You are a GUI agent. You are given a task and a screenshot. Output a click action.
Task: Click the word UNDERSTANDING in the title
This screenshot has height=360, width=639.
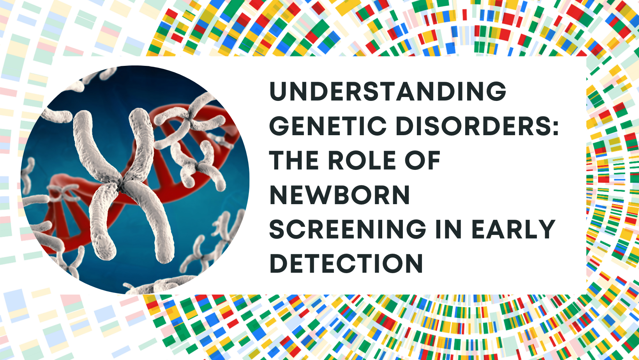[x=388, y=91]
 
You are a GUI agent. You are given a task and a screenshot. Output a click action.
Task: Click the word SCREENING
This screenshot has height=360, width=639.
[x=348, y=229]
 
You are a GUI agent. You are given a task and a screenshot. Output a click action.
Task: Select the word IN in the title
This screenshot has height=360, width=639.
[x=448, y=229]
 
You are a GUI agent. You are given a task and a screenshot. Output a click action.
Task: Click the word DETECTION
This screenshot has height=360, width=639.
[x=346, y=264]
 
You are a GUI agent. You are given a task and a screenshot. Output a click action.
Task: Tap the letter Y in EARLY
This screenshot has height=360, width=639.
[x=546, y=229]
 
